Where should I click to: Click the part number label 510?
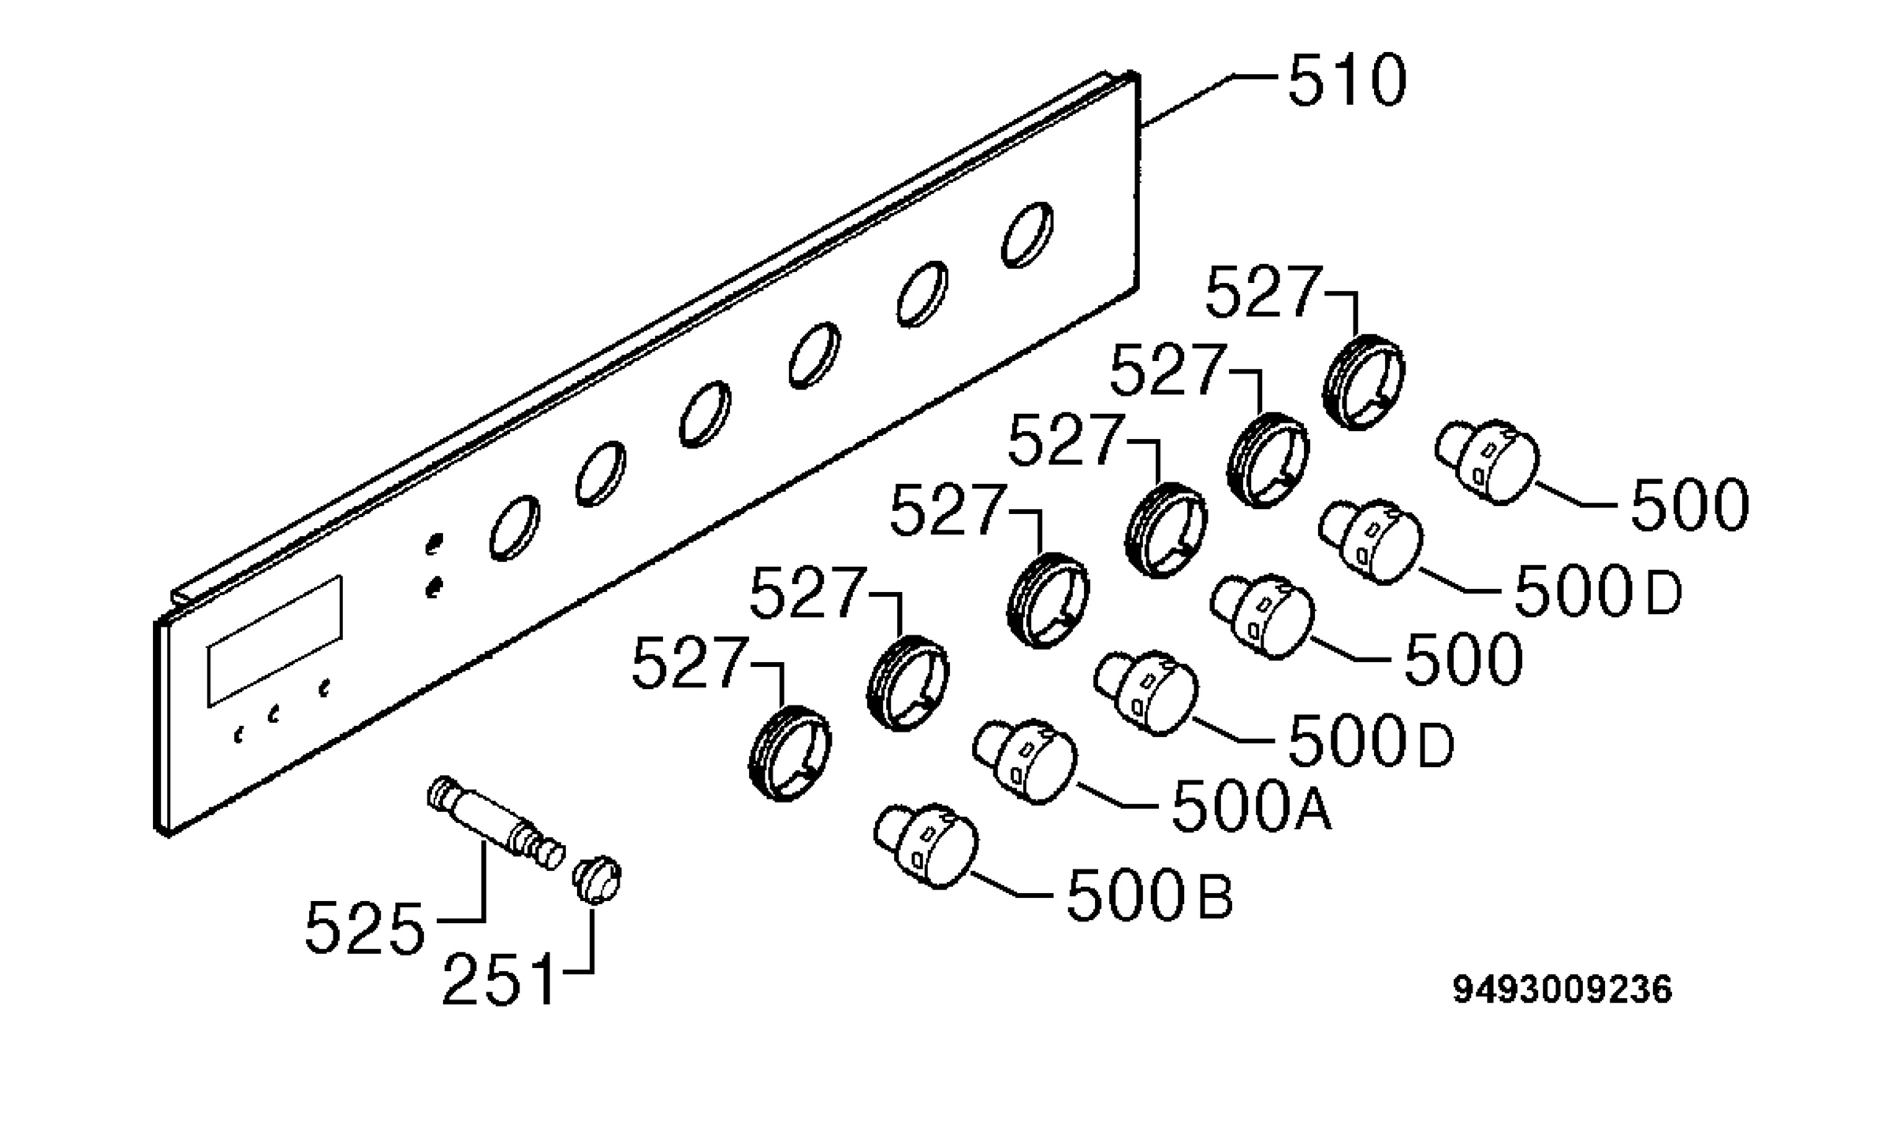point(1346,80)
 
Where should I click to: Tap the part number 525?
point(364,928)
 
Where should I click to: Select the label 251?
point(498,980)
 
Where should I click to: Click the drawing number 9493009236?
point(1562,990)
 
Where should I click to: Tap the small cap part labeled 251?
point(598,878)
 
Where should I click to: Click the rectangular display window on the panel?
point(275,641)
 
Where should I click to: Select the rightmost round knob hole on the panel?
point(1027,235)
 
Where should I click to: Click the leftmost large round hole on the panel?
point(515,528)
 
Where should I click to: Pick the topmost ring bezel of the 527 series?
point(1363,382)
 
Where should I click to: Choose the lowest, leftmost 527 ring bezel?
point(789,753)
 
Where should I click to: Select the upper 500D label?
point(1598,592)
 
